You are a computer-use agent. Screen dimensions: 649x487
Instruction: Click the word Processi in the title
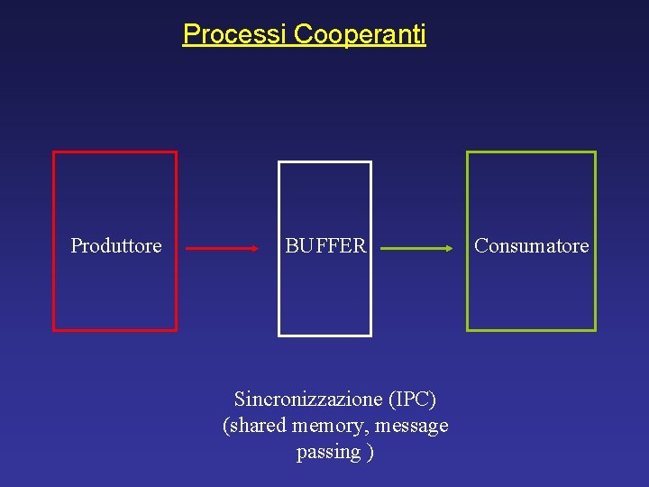pos(234,34)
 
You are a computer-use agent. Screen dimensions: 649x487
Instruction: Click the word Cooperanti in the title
pos(360,34)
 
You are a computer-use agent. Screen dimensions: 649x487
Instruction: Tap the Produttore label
pos(116,245)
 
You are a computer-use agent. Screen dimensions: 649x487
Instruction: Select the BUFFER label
pos(325,245)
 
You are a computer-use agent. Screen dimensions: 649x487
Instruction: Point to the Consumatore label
pos(532,245)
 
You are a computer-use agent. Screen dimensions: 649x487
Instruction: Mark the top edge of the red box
pos(115,152)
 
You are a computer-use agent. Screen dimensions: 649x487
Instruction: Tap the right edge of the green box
pos(595,241)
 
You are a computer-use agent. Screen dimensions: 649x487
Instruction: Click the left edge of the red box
pos(54,241)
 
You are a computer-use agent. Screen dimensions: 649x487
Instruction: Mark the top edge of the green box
pos(531,152)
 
